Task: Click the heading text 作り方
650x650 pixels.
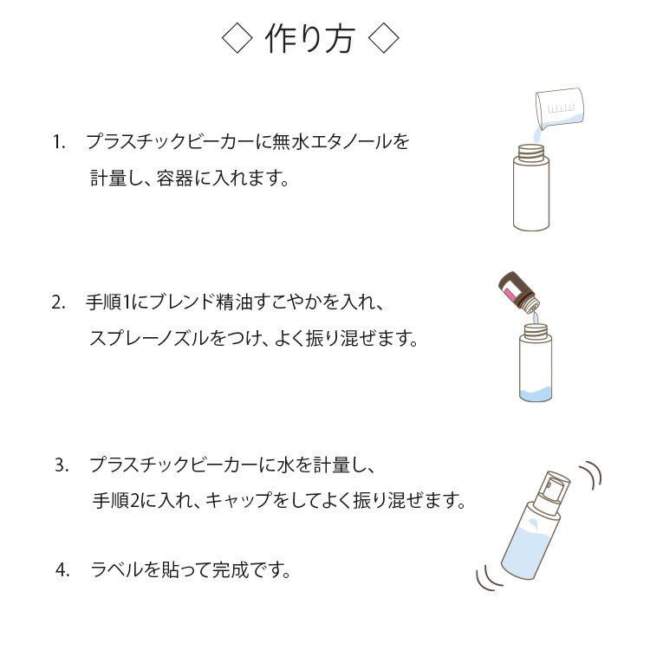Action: pyautogui.click(x=309, y=38)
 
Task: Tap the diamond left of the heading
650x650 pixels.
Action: pyautogui.click(x=237, y=38)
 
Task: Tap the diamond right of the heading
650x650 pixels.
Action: pyautogui.click(x=383, y=38)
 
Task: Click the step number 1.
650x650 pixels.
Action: pyautogui.click(x=59, y=142)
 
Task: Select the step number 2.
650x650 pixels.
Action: pyautogui.click(x=58, y=302)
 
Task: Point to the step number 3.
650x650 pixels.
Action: pyautogui.click(x=62, y=465)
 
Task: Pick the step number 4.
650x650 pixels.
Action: pyautogui.click(x=62, y=570)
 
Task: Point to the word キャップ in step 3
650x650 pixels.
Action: pyautogui.click(x=238, y=500)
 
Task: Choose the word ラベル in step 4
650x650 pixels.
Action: pyautogui.click(x=117, y=570)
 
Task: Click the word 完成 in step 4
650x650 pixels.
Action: pyautogui.click(x=231, y=570)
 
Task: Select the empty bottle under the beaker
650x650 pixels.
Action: pyautogui.click(x=531, y=187)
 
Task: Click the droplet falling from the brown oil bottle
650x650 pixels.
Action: pyautogui.click(x=535, y=317)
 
